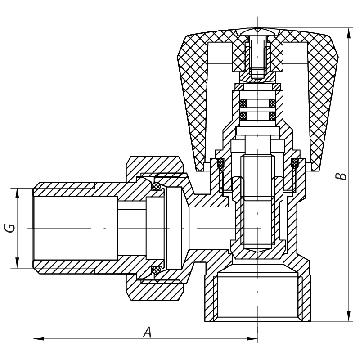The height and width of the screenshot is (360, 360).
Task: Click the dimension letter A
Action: point(147,332)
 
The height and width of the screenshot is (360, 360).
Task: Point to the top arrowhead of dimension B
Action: point(350,31)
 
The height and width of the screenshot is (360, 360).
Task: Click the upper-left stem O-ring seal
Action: point(243,103)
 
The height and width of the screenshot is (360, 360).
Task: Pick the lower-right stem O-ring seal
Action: point(272,117)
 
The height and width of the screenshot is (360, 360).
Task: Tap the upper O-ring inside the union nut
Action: point(156,186)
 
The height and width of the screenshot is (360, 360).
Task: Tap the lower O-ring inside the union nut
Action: point(156,270)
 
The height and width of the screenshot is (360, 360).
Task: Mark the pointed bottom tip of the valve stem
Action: point(257,250)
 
